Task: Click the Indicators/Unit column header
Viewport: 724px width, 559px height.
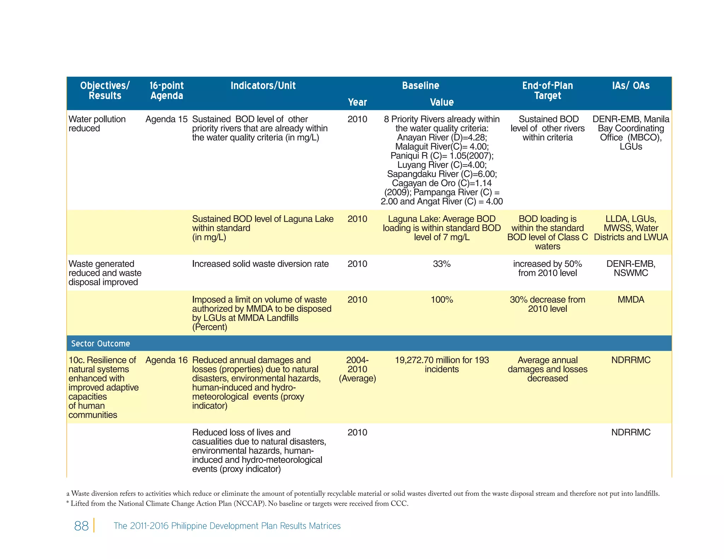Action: tap(263, 86)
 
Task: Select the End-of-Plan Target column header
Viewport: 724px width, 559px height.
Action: tap(547, 90)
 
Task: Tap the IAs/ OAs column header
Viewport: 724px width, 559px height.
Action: tap(631, 86)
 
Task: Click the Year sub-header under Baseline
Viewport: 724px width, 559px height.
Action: tap(357, 102)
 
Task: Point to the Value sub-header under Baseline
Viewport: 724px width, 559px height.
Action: tap(442, 102)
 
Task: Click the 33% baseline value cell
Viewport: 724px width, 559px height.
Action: tap(442, 264)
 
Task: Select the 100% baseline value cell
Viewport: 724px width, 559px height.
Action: tap(442, 300)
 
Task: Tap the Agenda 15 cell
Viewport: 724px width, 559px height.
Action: tap(167, 119)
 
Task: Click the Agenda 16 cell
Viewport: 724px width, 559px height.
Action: tap(167, 360)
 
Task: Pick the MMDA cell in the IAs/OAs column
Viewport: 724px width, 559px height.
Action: tap(631, 300)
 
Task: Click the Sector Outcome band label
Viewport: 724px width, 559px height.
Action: tap(100, 343)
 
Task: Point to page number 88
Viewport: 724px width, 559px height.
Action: tap(81, 526)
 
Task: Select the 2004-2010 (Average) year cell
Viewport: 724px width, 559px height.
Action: tap(357, 369)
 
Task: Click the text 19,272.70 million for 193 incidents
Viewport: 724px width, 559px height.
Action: tap(442, 365)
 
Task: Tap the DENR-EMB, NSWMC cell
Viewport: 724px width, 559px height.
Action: tap(631, 269)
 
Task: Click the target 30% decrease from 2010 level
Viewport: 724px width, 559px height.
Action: tap(547, 304)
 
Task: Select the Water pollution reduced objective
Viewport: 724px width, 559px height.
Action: tap(97, 124)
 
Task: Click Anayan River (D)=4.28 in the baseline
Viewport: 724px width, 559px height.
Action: tap(442, 137)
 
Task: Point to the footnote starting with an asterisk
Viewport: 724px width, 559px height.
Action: tap(237, 504)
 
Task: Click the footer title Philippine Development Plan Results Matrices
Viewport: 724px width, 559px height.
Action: tap(227, 526)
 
